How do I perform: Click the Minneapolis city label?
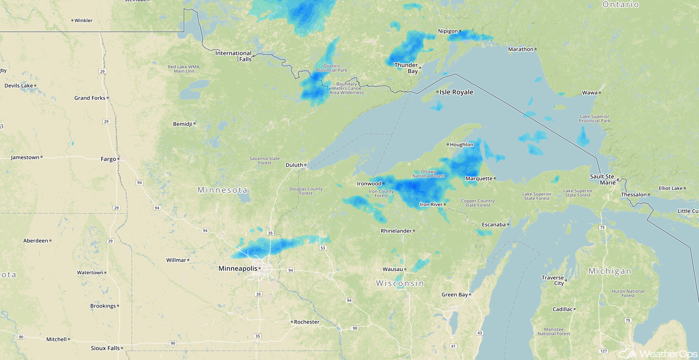[x=238, y=268]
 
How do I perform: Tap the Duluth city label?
[x=294, y=165]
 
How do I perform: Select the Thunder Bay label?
[x=406, y=68]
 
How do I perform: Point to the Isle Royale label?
[x=456, y=92]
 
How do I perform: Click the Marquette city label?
[x=479, y=178]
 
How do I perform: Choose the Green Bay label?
[x=454, y=294]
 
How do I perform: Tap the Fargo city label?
[x=108, y=159]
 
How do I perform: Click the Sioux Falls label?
[x=105, y=348]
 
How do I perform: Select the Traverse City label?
[x=553, y=280]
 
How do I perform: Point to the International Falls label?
[x=233, y=56]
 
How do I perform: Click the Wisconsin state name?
[x=400, y=283]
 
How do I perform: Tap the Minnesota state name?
[x=222, y=190]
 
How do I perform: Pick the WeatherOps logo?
[x=659, y=353]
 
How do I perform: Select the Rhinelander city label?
[x=396, y=231]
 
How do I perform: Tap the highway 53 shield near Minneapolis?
[x=323, y=248]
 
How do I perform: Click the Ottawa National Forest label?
[x=428, y=174]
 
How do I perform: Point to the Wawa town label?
[x=589, y=92]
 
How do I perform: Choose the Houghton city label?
[x=461, y=144]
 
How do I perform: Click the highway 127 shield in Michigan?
[x=603, y=351]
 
